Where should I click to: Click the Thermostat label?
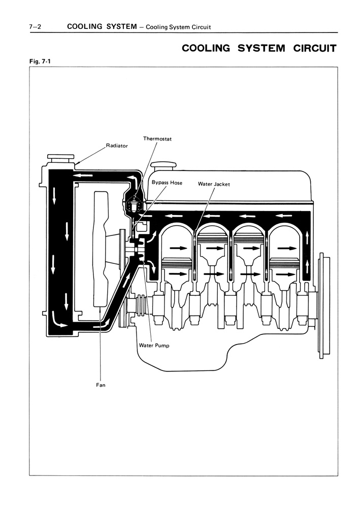pos(157,139)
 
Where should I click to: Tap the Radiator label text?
pos(117,146)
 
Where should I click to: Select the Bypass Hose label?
pos(167,183)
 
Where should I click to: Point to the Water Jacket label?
pos(214,184)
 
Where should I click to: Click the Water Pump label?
pos(154,345)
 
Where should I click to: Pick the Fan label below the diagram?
pos(101,385)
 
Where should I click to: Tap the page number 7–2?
pos(35,27)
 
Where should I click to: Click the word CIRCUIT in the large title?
pos(315,48)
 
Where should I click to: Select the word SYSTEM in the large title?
pos(261,48)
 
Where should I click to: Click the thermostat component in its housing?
pos(134,206)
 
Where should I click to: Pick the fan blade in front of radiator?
pos(101,249)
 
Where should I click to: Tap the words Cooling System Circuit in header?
pos(178,27)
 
